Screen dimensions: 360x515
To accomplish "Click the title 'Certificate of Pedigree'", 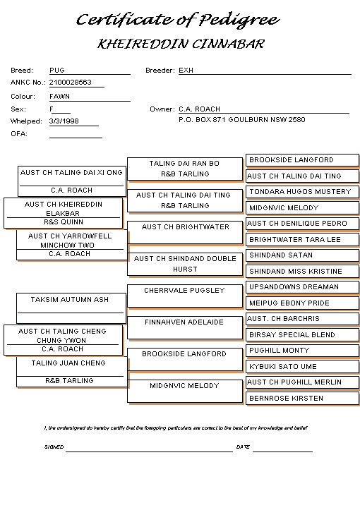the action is tap(178, 20).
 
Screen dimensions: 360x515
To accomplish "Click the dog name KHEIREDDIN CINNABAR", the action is tap(181, 44).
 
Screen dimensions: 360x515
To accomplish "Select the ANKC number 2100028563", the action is tap(71, 82).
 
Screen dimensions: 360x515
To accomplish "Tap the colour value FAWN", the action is tap(59, 96).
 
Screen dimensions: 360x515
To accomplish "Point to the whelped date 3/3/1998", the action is tap(64, 121).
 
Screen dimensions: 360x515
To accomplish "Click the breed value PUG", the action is tap(57, 70).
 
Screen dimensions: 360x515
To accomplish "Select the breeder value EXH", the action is tap(186, 70).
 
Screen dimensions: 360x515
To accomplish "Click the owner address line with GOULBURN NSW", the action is tap(242, 119).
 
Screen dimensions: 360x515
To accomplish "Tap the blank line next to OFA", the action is tap(76, 138).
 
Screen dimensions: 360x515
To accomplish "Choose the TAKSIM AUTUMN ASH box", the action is tap(71, 308).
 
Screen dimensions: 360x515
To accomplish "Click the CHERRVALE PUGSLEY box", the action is tap(185, 296).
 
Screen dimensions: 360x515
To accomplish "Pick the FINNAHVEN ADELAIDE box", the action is tap(185, 328).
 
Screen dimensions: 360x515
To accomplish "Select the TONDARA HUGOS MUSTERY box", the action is tap(302, 192).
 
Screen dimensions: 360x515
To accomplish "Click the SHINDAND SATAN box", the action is tap(302, 255).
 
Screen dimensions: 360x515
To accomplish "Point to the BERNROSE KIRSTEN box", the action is tap(302, 399).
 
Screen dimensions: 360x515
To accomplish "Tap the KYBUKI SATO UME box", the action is tap(302, 367).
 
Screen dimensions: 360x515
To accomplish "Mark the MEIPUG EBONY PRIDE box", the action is tap(302, 303).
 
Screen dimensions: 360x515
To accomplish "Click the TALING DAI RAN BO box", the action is tap(185, 169).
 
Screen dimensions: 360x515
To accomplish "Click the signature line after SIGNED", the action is tap(149, 452).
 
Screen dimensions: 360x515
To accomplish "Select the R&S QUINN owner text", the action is tap(64, 222).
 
